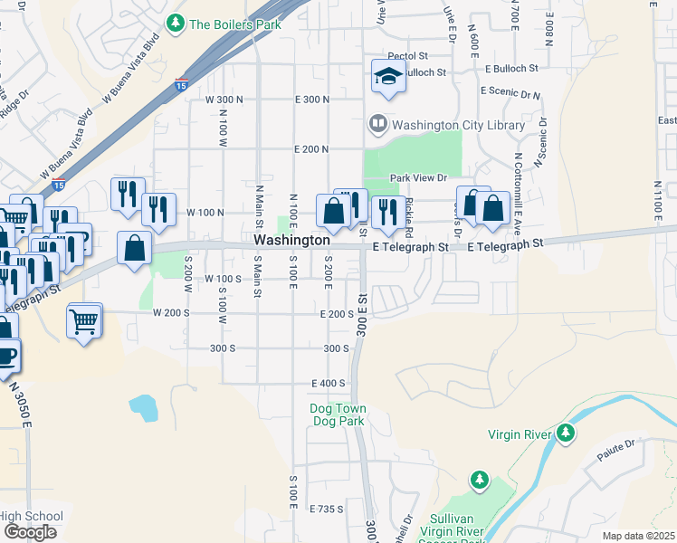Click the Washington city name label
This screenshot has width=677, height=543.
291,241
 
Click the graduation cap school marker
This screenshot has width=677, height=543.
388,78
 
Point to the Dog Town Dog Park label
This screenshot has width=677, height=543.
338,415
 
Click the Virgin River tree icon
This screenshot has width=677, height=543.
566,433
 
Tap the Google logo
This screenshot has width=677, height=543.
30,531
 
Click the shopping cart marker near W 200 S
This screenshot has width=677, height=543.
83,319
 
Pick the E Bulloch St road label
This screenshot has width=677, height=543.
511,68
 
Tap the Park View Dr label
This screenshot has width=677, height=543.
414,178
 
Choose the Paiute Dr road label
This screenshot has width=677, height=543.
617,454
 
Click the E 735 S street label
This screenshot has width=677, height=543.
326,510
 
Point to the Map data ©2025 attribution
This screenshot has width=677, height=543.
638,536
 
